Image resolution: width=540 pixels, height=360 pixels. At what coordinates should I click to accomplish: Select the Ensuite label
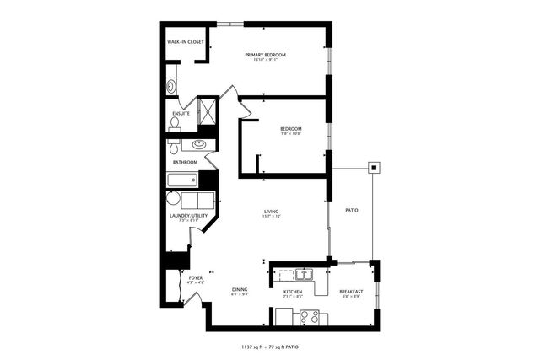tap(181, 113)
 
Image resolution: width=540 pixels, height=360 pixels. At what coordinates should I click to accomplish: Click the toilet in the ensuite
tap(175, 123)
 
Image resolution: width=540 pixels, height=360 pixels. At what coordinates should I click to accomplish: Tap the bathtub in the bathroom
tap(182, 180)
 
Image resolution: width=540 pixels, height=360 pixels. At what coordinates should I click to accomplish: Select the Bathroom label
tap(185, 162)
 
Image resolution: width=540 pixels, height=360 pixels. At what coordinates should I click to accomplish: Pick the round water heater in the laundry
tap(173, 200)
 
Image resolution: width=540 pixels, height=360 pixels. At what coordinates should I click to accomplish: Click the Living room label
tap(271, 212)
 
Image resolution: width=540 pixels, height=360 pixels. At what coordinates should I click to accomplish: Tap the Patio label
tap(352, 210)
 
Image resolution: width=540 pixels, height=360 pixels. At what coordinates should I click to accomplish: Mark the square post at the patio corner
tap(372, 167)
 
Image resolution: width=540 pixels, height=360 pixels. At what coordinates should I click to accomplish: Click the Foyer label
tap(195, 277)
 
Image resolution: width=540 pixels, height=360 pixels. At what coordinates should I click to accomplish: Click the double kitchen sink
tap(301, 274)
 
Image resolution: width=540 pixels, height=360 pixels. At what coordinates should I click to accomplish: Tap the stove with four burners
tap(309, 317)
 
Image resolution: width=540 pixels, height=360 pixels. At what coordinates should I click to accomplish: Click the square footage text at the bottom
tap(270, 347)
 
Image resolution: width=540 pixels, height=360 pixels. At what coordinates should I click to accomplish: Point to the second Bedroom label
tap(291, 128)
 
